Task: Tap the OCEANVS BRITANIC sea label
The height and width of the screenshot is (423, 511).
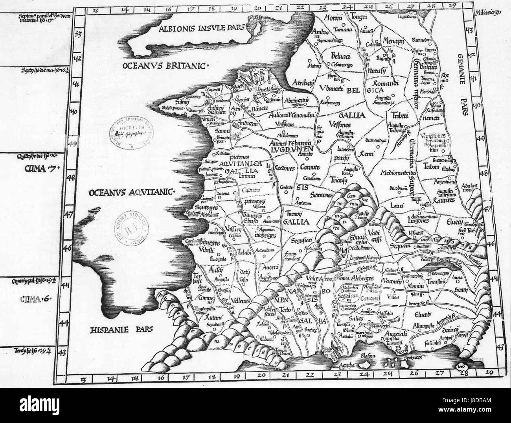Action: click(165, 65)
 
